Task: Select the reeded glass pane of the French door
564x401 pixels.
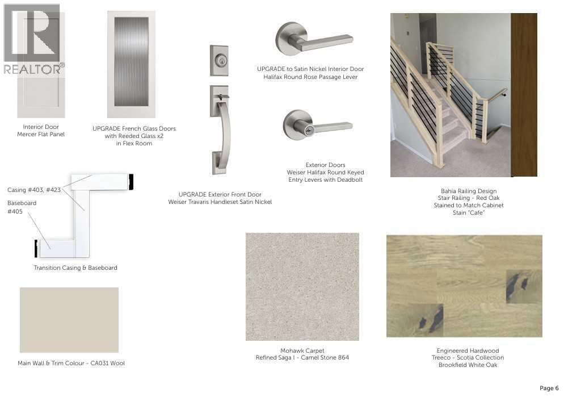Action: click(131, 61)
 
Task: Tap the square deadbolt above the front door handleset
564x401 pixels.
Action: click(219, 60)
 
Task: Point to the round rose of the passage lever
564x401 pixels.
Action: click(290, 39)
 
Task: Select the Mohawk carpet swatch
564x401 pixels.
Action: click(302, 286)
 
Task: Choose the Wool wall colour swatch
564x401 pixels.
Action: click(69, 320)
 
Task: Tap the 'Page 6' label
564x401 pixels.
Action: click(549, 388)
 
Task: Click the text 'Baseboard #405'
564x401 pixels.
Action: click(22, 207)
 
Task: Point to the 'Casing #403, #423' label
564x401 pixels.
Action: click(34, 190)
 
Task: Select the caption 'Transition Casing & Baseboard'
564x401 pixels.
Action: click(75, 268)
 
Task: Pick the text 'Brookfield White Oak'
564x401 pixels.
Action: click(468, 365)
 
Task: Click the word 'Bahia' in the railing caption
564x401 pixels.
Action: click(448, 191)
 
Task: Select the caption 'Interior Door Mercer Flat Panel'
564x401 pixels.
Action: click(41, 130)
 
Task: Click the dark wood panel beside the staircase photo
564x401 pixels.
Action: click(524, 95)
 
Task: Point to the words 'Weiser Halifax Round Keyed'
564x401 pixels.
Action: click(325, 173)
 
